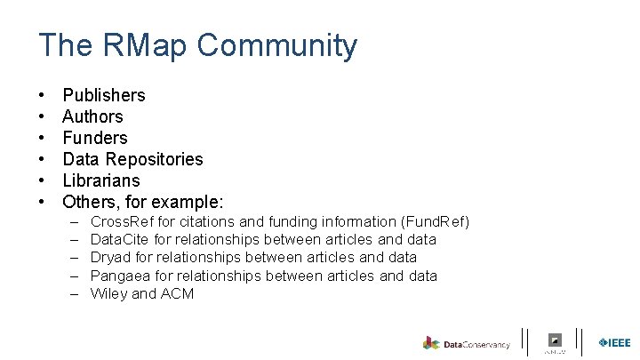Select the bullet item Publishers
point(104,95)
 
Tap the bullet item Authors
point(92,116)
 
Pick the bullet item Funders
point(95,138)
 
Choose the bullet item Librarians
point(101,180)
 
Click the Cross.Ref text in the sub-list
point(119,221)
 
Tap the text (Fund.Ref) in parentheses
point(435,221)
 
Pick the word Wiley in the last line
point(109,293)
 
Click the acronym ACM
point(177,293)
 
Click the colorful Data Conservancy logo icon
point(431,343)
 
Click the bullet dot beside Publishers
point(42,95)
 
